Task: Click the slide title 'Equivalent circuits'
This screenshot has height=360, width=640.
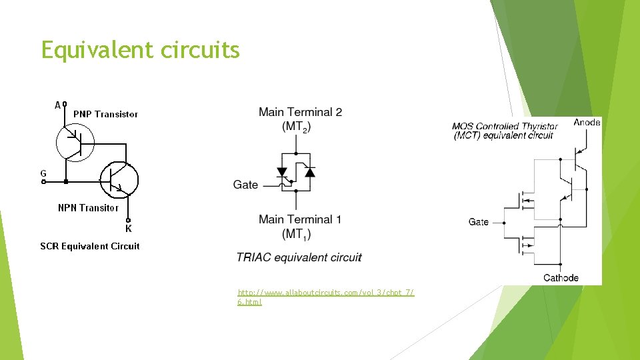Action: point(140,50)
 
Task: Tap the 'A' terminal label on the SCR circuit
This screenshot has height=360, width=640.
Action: point(58,105)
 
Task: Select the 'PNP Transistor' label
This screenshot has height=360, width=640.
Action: point(105,114)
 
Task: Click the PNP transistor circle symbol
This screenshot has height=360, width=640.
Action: point(75,141)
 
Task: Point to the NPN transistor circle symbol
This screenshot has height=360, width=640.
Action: point(119,179)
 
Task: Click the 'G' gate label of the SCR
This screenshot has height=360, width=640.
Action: point(43,173)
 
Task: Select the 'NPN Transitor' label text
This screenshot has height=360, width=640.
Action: point(88,208)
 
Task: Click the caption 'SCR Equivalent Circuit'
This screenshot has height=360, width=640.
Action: point(90,246)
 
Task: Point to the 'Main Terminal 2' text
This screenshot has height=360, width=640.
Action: point(300,112)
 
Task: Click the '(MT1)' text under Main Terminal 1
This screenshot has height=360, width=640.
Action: point(296,234)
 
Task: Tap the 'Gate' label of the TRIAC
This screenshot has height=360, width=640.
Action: point(245,185)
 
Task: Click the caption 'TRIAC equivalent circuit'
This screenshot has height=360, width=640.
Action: point(299,257)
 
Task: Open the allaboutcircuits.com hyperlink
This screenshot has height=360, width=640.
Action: point(325,297)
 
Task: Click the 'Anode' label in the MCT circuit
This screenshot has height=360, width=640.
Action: point(587,122)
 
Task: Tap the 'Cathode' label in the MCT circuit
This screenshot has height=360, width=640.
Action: point(561,277)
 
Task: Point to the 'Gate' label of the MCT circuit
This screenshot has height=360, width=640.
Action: point(478,222)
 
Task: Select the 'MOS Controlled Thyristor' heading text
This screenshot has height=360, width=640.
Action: point(505,126)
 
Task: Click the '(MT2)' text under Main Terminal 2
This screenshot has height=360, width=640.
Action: point(296,126)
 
